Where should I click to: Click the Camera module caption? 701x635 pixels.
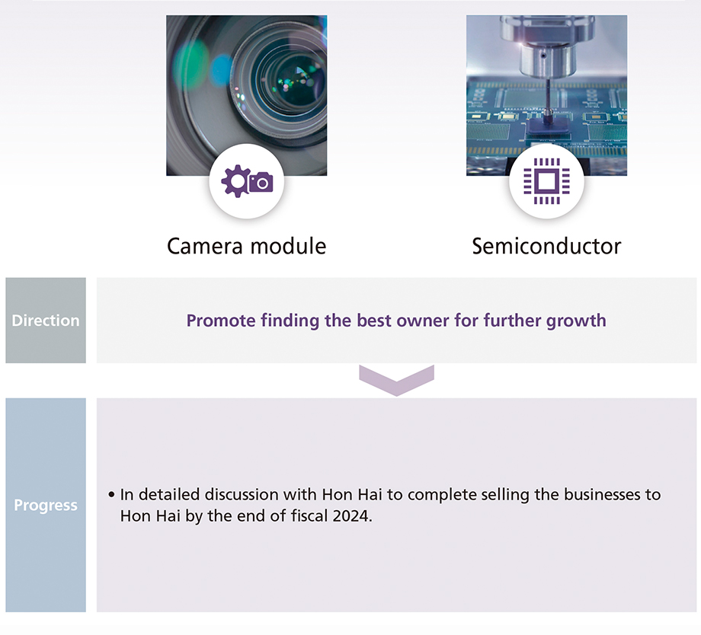pos(246,246)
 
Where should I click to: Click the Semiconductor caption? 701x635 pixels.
pos(546,246)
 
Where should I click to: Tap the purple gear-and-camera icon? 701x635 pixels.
pos(247,181)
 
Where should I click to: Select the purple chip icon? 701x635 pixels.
pos(546,181)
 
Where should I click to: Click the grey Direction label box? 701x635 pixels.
pos(46,320)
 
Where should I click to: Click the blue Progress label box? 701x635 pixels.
pos(46,505)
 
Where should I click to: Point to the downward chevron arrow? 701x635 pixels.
pos(396,380)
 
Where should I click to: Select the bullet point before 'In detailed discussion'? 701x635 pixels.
pos(111,495)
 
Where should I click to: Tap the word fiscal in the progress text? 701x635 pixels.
pos(309,515)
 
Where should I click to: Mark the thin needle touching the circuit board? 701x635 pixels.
pos(547,96)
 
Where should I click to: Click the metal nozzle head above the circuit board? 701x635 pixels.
pos(546,49)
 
